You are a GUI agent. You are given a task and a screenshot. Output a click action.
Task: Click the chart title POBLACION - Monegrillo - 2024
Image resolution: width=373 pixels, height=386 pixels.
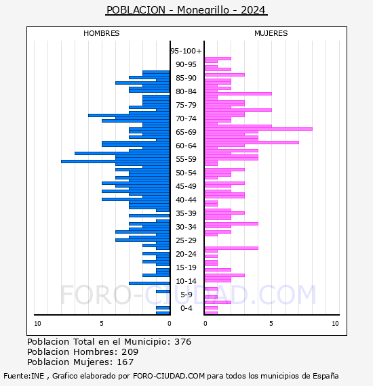click(186, 10)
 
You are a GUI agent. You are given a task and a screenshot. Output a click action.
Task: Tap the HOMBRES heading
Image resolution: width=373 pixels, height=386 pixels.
click(101, 33)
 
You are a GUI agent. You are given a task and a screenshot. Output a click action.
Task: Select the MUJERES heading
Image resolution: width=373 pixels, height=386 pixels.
click(271, 33)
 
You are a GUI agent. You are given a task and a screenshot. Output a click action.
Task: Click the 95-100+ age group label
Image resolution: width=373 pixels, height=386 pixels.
click(186, 51)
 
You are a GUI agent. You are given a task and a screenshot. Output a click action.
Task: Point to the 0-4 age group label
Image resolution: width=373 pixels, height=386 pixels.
click(186, 308)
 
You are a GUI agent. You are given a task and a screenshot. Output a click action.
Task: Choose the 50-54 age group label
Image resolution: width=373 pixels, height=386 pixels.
click(186, 173)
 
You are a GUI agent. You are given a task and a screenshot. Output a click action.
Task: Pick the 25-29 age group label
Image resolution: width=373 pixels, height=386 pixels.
click(186, 240)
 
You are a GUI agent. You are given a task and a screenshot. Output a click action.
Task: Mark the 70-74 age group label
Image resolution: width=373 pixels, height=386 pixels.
click(186, 119)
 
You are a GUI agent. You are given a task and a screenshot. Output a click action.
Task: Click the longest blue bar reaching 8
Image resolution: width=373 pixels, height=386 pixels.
click(115, 161)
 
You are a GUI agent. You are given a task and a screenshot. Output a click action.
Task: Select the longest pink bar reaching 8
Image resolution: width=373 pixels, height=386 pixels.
click(258, 129)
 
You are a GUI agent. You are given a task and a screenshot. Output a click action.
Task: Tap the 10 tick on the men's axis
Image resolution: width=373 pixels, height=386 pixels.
click(37, 324)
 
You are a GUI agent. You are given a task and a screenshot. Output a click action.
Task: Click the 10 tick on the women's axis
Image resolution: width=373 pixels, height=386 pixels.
click(335, 324)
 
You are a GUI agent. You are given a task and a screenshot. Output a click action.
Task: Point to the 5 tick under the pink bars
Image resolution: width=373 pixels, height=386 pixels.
click(271, 324)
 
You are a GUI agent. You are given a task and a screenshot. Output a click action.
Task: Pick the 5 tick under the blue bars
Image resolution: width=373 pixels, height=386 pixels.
click(102, 324)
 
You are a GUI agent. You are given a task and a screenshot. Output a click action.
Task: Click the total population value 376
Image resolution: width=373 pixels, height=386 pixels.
click(182, 342)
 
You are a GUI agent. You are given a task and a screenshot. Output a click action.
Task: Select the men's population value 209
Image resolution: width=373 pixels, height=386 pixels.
click(130, 352)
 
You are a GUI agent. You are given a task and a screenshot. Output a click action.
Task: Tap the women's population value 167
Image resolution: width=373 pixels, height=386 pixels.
click(125, 362)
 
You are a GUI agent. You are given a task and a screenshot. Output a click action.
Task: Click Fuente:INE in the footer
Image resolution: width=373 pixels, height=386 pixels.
click(24, 376)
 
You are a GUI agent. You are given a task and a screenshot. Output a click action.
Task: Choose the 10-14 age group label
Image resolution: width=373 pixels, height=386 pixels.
click(186, 281)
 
